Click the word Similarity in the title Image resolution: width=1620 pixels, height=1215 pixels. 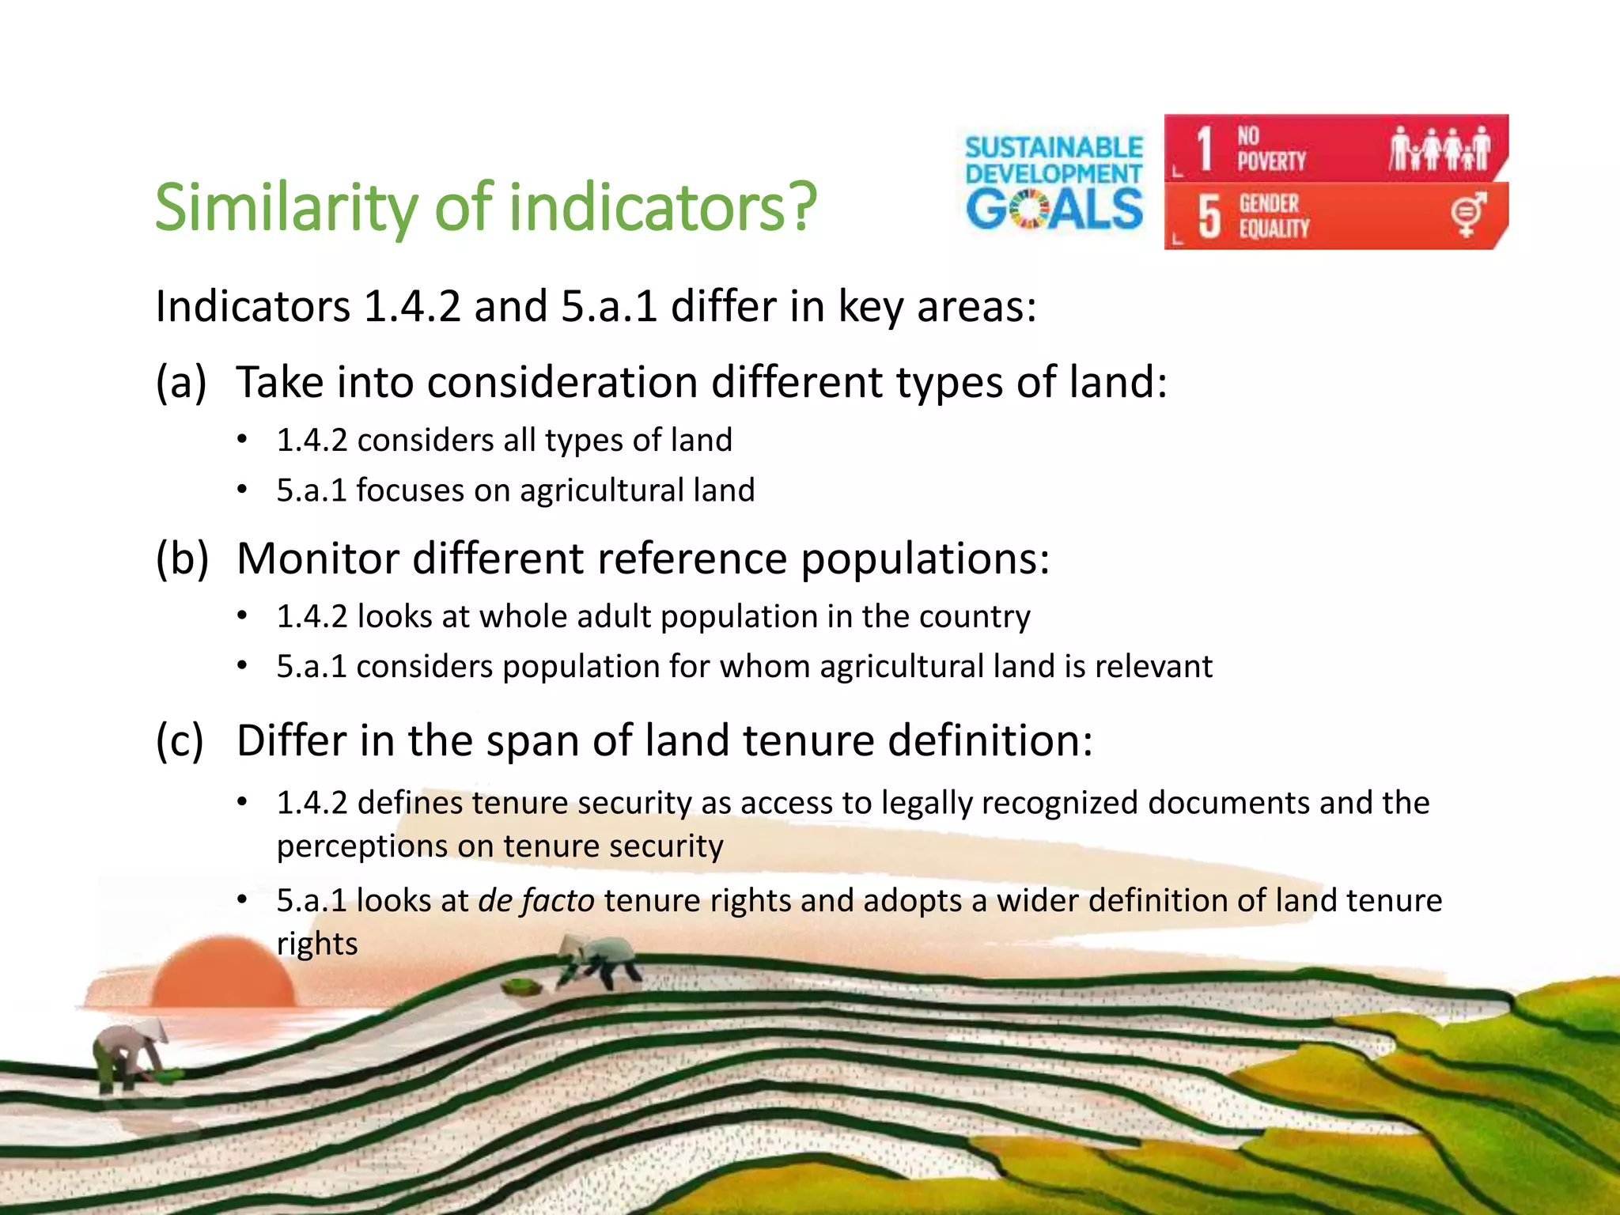tap(285, 207)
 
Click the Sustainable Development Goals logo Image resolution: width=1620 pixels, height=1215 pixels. tap(1054, 183)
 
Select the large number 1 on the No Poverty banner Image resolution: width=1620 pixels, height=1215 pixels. tap(1204, 149)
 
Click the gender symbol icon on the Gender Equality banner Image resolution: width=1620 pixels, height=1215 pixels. tap(1467, 214)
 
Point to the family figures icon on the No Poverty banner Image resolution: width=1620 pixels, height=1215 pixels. tap(1440, 149)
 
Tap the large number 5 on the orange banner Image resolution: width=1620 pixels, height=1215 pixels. tap(1208, 217)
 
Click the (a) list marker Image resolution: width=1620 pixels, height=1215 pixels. tap(181, 383)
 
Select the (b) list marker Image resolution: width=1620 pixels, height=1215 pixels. tap(182, 559)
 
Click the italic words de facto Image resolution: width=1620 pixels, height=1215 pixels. tap(536, 901)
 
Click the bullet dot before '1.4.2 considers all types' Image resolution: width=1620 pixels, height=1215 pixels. tap(243, 440)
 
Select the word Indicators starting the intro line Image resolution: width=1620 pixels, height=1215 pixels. tap(252, 307)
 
